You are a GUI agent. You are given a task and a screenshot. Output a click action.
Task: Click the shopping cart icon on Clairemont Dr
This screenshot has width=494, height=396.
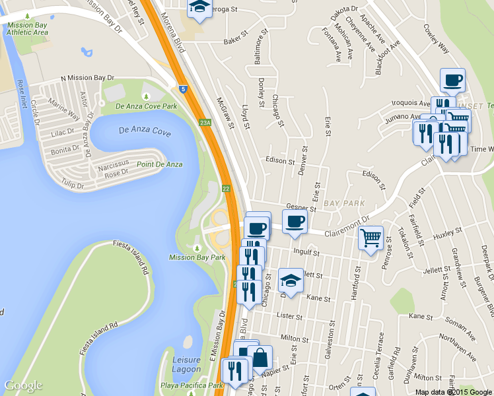pyautogui.click(x=370, y=238)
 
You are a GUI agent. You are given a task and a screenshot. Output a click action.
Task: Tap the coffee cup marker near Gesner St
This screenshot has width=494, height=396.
pyautogui.click(x=295, y=221)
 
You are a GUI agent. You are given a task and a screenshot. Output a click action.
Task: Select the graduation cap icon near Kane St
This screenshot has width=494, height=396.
pyautogui.click(x=290, y=280)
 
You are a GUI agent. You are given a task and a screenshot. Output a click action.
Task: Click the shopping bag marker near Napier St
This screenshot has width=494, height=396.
pyautogui.click(x=260, y=358)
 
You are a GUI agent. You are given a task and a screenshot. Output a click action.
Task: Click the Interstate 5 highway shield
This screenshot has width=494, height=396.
pyautogui.click(x=182, y=87)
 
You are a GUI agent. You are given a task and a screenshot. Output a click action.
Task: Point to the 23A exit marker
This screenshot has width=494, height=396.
pyautogui.click(x=205, y=123)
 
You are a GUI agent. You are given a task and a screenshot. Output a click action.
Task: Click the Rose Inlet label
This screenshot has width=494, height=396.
pyautogui.click(x=21, y=93)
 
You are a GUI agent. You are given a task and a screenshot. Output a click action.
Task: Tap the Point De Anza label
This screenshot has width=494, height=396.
pyautogui.click(x=160, y=164)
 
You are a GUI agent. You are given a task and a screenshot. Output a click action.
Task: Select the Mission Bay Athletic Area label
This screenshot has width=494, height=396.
pyautogui.click(x=27, y=28)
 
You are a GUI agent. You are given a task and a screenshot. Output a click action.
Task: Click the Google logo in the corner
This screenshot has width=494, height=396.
pyautogui.click(x=23, y=385)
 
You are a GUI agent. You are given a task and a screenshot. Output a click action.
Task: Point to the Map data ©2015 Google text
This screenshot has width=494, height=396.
pyautogui.click(x=453, y=392)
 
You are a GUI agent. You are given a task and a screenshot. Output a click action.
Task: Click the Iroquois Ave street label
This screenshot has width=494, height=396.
pyautogui.click(x=410, y=103)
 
